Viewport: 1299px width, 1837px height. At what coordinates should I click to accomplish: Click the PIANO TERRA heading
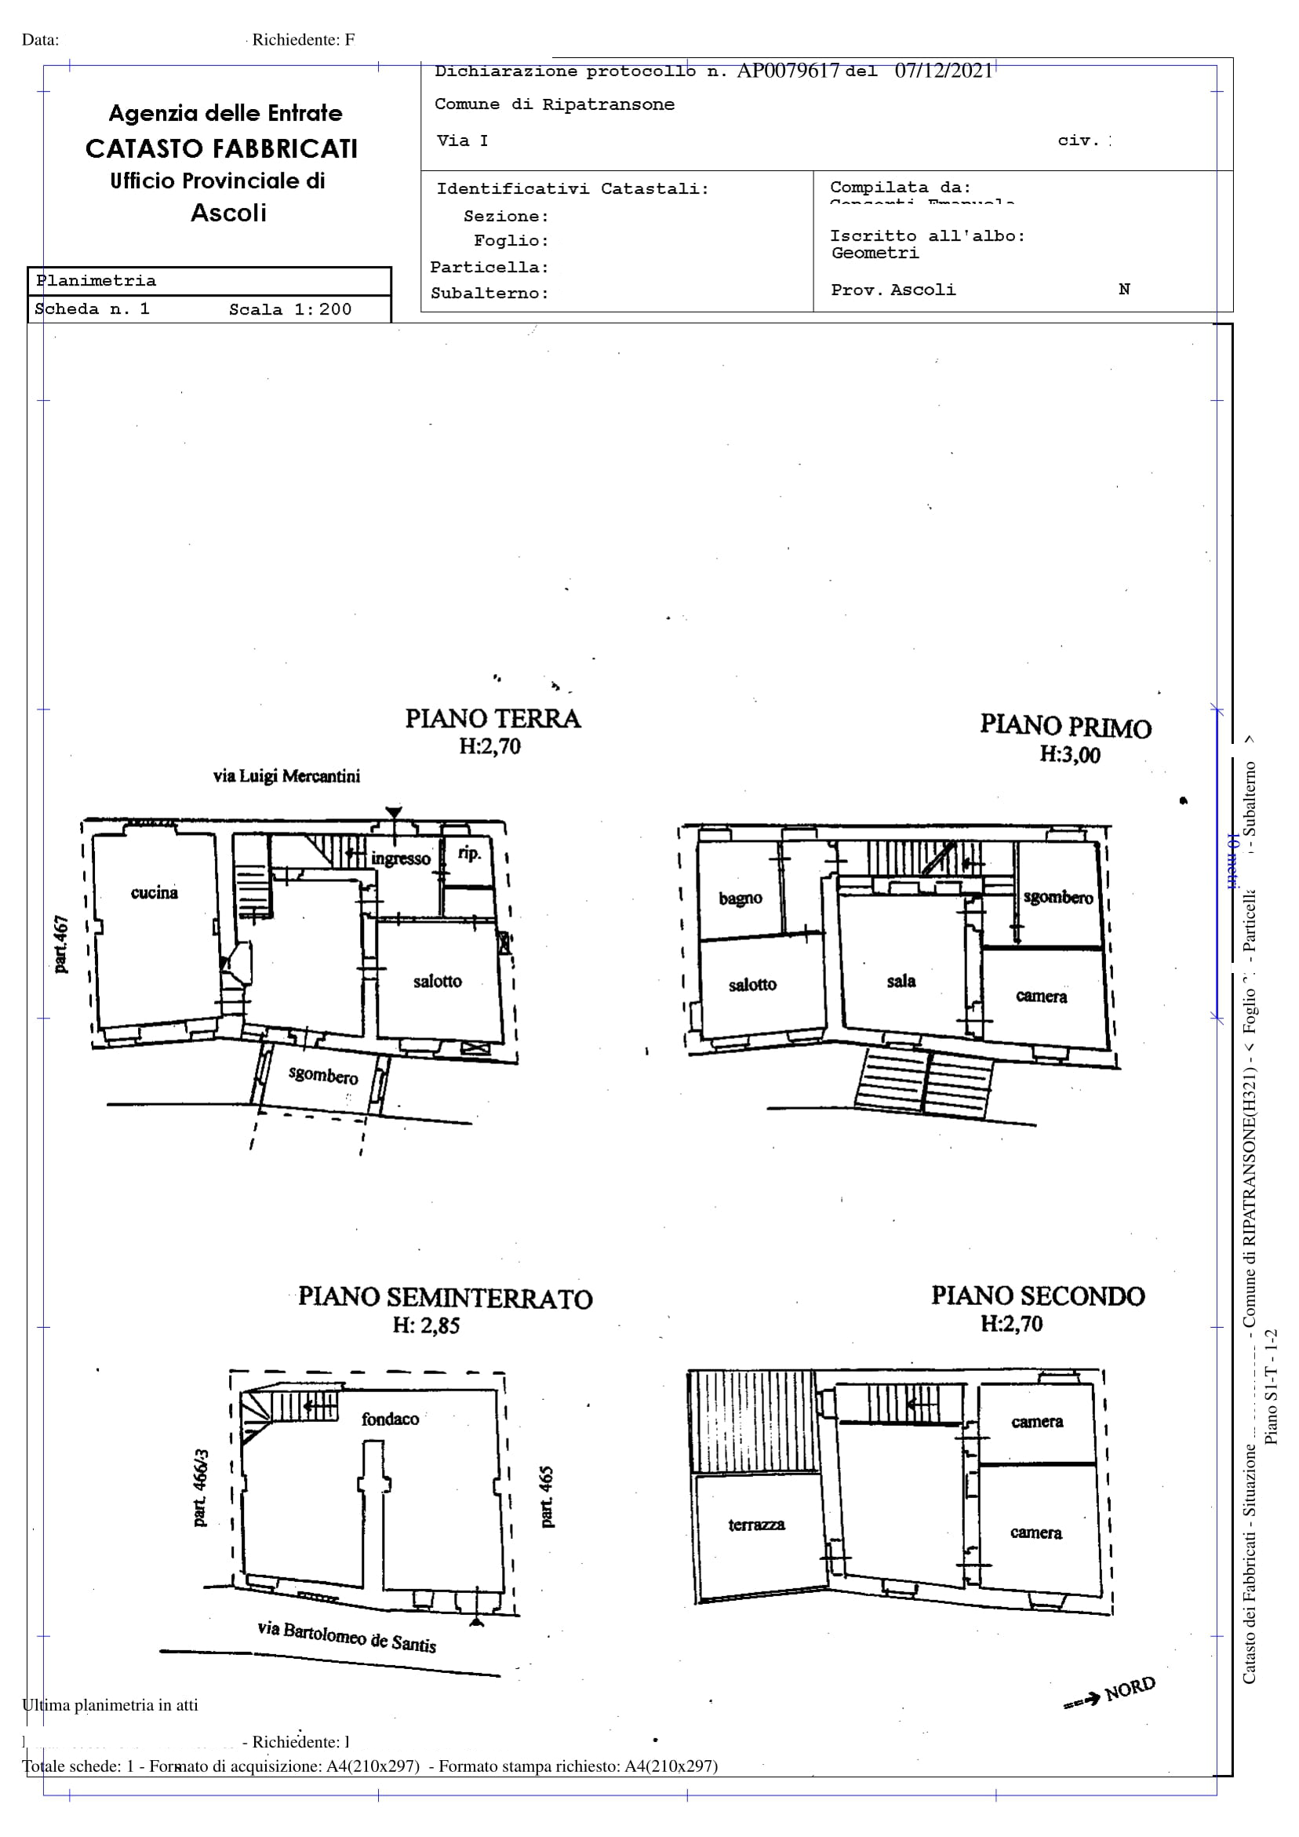[493, 719]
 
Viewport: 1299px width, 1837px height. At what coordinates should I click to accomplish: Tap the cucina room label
[155, 893]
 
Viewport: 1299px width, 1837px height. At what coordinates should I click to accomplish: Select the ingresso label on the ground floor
[400, 859]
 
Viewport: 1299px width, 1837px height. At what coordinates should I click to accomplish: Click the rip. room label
[469, 854]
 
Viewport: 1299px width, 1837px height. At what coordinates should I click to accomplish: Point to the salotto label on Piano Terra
[438, 982]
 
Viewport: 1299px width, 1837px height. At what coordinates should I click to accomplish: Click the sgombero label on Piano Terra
[323, 1075]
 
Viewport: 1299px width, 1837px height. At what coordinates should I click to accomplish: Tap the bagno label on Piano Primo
[740, 898]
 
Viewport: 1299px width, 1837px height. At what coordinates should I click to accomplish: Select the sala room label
[901, 982]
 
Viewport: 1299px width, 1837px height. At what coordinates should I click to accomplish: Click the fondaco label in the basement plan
[391, 1420]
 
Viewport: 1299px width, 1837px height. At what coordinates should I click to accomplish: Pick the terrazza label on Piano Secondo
[756, 1525]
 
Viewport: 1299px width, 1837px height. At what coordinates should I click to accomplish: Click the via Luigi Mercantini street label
[286, 776]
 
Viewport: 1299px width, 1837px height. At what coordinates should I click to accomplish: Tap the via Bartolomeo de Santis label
[347, 1636]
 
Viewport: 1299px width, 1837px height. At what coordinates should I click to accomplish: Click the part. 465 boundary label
[547, 1497]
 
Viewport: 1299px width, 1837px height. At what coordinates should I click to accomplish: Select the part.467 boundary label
[60, 945]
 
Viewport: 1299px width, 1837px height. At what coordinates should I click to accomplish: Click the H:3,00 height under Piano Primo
[1069, 754]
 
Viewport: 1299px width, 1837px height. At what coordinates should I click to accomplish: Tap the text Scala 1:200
[289, 310]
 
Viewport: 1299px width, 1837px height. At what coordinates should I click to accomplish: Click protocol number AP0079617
[787, 71]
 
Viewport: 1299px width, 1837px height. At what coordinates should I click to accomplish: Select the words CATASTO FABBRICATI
[221, 149]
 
